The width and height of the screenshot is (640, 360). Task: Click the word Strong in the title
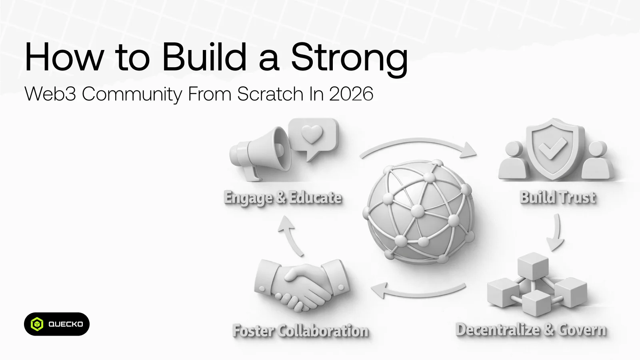coord(350,58)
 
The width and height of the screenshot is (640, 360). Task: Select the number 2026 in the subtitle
coord(351,94)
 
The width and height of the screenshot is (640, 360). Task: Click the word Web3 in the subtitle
coord(50,94)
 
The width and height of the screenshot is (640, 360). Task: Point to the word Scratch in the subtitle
coord(270,94)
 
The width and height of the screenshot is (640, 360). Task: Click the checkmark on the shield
coord(552,148)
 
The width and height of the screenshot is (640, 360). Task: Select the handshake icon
coord(302,285)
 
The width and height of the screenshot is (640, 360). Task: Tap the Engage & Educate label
coord(282,198)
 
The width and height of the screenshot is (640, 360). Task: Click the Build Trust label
coord(558,198)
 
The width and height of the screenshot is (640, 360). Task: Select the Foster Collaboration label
coord(300,331)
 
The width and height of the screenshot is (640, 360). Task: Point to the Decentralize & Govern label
coord(531,330)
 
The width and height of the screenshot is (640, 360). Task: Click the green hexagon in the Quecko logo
coord(37,324)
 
